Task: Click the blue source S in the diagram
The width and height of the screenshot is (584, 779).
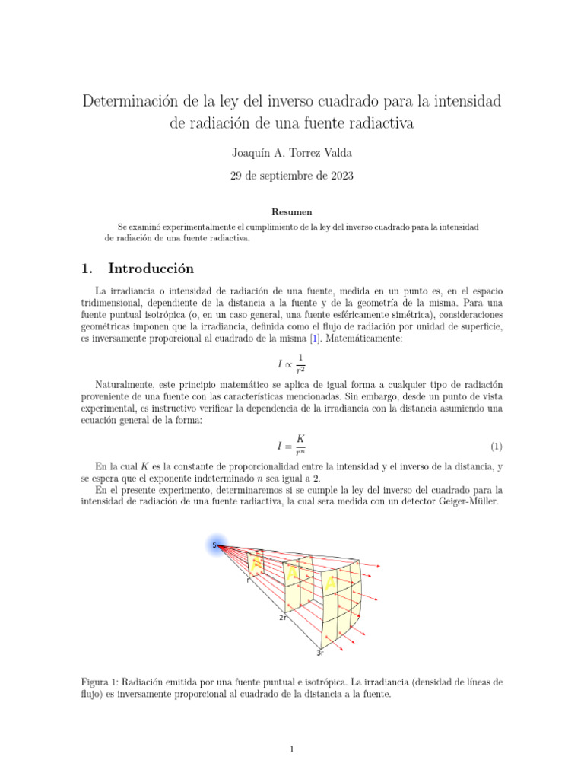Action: (215, 545)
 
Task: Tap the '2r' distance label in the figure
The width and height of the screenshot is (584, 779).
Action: (282, 618)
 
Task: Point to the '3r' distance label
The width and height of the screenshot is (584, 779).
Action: (320, 653)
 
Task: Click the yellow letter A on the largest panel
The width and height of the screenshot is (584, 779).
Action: (329, 582)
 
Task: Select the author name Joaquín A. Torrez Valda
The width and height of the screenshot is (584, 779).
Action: (291, 153)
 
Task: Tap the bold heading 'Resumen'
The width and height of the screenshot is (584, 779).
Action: (291, 211)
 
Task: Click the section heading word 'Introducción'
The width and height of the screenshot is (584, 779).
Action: (151, 269)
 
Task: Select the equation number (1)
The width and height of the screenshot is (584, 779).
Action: (496, 445)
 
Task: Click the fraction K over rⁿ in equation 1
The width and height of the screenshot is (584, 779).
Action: (300, 445)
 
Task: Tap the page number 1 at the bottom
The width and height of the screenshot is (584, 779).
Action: (291, 749)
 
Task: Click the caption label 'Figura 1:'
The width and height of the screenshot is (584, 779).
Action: (103, 682)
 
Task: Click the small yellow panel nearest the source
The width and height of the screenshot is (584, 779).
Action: (256, 564)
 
